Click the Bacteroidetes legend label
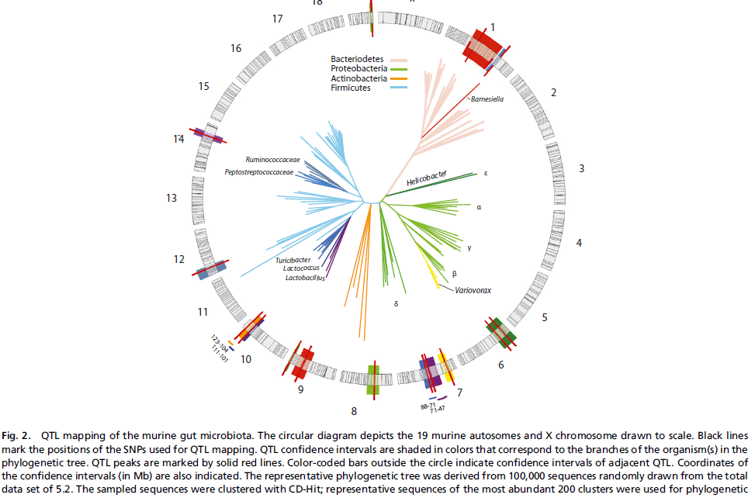(357, 58)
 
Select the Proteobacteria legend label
(358, 68)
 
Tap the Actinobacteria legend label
(358, 78)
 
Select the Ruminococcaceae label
(273, 160)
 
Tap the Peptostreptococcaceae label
(259, 172)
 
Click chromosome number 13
(172, 199)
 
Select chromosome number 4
(578, 244)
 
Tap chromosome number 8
(354, 410)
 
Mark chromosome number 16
(236, 48)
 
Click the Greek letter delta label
(396, 304)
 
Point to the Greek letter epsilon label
(486, 174)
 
